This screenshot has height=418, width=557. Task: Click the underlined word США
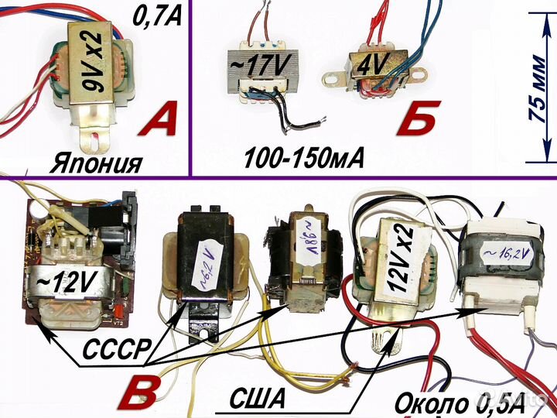point(258,399)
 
